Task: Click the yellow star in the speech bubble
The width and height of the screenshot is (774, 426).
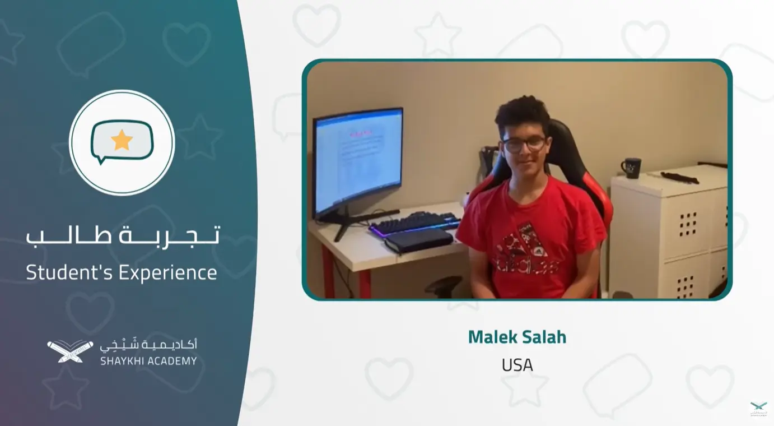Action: pos(122,140)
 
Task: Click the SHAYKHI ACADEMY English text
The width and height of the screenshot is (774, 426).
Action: pos(148,361)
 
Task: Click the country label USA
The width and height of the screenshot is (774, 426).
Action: pos(517,365)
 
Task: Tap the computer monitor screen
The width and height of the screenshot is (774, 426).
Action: pos(358,159)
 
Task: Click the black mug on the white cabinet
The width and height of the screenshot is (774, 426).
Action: pos(632,168)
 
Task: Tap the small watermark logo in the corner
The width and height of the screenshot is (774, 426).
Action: pos(759,408)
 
